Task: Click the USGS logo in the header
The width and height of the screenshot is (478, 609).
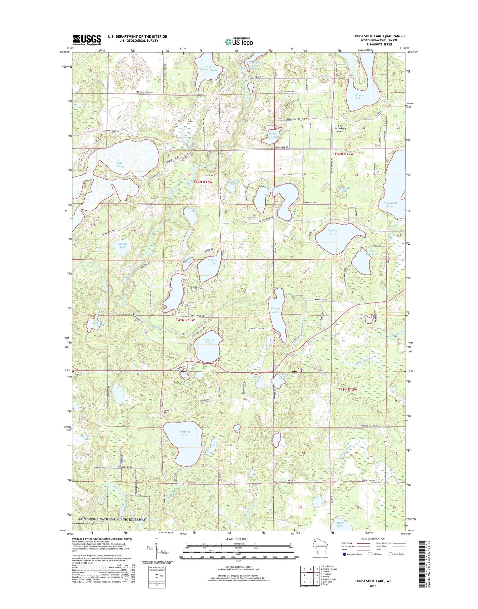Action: click(x=87, y=40)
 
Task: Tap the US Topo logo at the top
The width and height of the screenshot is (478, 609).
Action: click(x=239, y=41)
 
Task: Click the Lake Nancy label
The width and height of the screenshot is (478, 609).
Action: click(x=120, y=165)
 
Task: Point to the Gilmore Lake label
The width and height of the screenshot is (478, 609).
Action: click(x=359, y=97)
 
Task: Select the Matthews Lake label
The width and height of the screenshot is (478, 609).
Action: click(x=185, y=433)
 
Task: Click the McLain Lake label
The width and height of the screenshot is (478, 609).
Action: click(x=209, y=341)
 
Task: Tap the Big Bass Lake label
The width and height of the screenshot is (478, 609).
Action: click(x=333, y=232)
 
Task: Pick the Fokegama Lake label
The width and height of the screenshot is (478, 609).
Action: click(x=390, y=204)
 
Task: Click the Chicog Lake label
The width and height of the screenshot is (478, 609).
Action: click(x=275, y=310)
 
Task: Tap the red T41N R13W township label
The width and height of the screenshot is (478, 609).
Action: click(x=185, y=320)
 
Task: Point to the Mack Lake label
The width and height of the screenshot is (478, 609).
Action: click(x=340, y=534)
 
